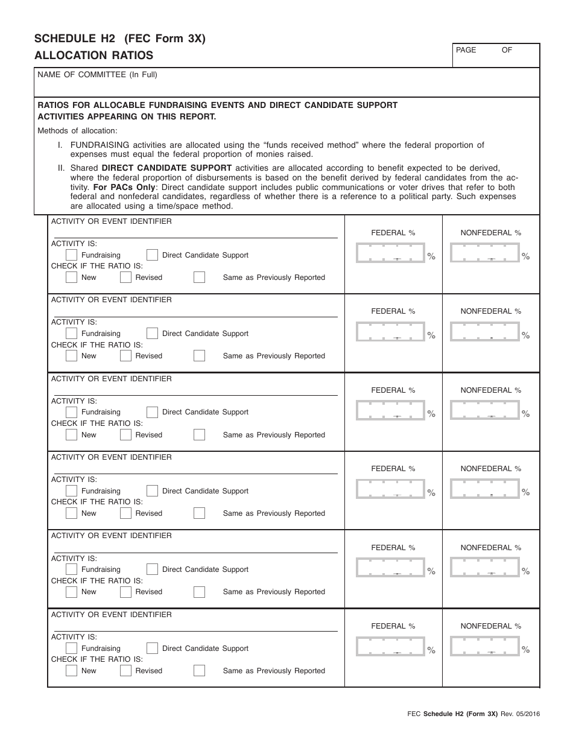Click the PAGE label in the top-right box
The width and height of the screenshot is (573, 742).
click(x=466, y=50)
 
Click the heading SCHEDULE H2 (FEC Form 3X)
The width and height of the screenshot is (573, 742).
click(x=120, y=39)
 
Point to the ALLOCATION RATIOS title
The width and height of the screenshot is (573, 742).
click(x=93, y=56)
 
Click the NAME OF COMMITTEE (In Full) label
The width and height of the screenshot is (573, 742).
click(x=97, y=75)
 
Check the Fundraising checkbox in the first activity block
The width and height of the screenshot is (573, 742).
click(x=71, y=255)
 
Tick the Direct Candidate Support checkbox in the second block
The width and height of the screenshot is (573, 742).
click(x=152, y=334)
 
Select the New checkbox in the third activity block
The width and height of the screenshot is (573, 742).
click(x=71, y=435)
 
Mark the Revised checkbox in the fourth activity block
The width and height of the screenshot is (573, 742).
click(x=125, y=513)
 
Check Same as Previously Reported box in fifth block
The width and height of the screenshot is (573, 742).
click(x=199, y=592)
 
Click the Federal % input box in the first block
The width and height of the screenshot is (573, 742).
click(x=390, y=253)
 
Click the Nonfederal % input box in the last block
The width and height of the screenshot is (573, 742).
click(x=484, y=647)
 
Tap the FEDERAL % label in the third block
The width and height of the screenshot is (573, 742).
click(x=393, y=390)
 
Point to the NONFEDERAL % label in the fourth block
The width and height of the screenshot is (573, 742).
click(x=490, y=469)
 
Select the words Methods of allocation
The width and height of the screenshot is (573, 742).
click(x=78, y=131)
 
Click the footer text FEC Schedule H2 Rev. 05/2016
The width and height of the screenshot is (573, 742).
click(x=473, y=714)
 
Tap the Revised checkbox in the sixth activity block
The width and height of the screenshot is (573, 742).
click(x=125, y=671)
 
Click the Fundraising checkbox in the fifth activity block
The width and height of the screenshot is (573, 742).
click(x=71, y=569)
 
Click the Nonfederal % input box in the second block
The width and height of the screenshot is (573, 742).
click(x=484, y=332)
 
